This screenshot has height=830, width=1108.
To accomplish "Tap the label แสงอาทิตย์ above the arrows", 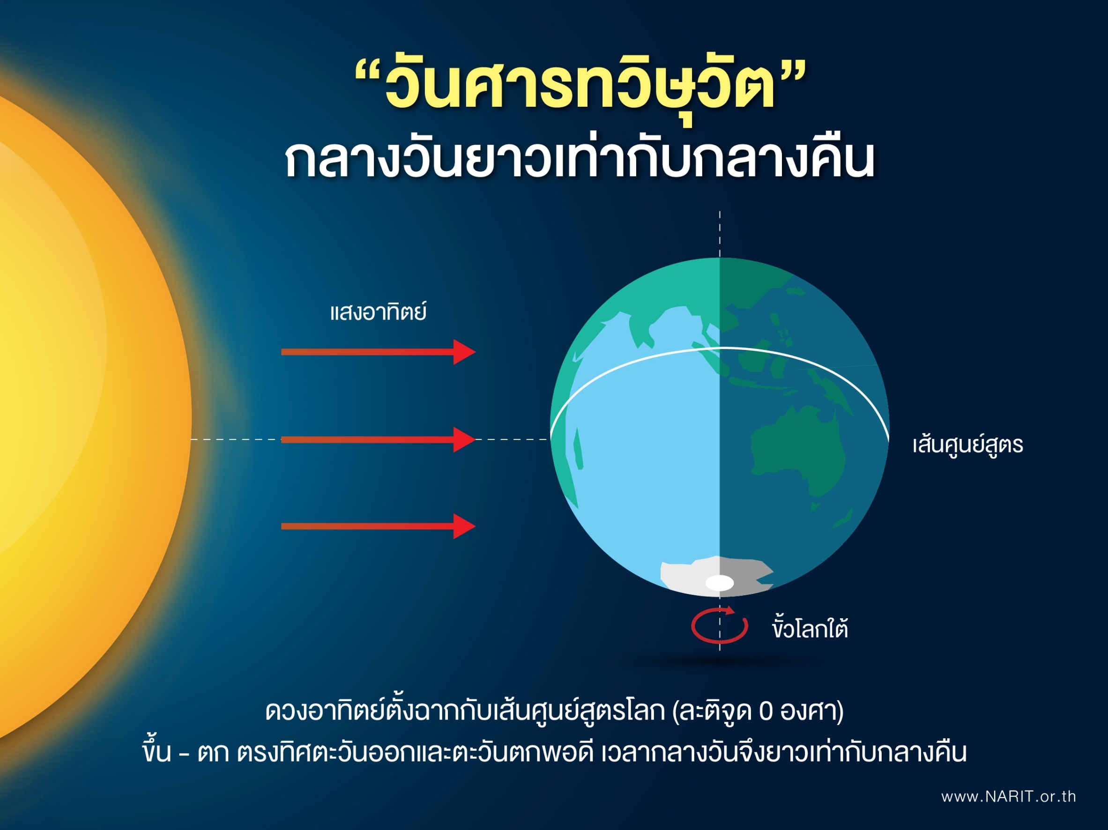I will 378,312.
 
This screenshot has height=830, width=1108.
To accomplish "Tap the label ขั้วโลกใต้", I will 810,629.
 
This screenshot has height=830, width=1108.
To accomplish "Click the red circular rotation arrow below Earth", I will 719,626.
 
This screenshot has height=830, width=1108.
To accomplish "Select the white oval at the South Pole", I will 719,583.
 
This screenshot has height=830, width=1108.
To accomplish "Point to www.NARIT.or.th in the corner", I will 1008,796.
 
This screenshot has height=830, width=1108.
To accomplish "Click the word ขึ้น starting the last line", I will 156,751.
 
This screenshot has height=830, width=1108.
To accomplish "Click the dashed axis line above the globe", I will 720,233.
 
